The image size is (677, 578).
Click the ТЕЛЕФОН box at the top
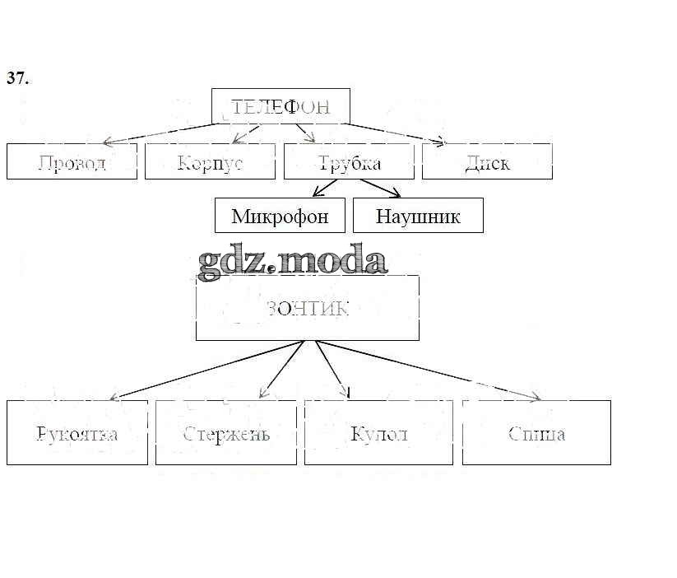(x=281, y=106)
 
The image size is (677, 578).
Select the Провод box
(x=72, y=161)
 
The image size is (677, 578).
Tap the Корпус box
(x=210, y=161)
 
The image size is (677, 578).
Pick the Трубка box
(x=349, y=161)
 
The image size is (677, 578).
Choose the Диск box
(x=487, y=161)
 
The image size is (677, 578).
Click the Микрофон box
(x=280, y=216)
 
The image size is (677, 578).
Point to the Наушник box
(x=418, y=216)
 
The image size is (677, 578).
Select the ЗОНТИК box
(x=307, y=308)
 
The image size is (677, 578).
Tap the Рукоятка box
(x=77, y=432)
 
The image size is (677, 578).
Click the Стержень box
(x=226, y=432)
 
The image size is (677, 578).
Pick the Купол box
(x=378, y=432)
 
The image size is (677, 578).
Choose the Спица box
(x=536, y=432)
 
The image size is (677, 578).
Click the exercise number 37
(x=18, y=78)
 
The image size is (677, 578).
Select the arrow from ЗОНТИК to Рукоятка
(x=206, y=370)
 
